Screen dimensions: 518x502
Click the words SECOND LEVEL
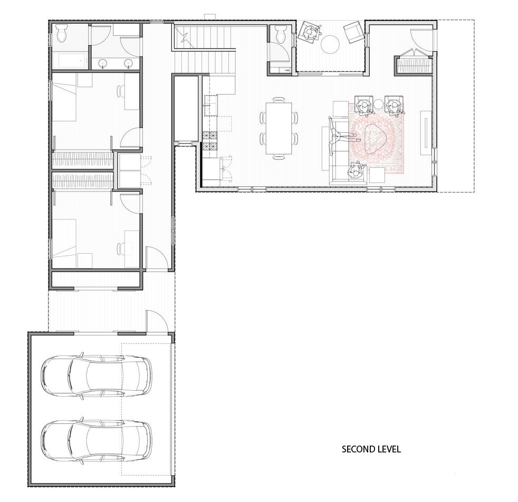tap(371, 449)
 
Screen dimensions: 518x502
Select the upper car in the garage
tap(97, 376)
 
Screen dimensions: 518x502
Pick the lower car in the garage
tap(97, 441)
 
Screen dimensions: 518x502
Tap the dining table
tap(279, 128)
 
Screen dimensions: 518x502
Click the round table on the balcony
tap(330, 44)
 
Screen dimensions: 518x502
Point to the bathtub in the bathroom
tap(70, 61)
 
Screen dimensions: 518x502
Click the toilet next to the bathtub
tap(62, 33)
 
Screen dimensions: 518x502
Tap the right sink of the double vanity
tap(129, 63)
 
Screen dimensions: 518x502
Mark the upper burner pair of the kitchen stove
tap(210, 136)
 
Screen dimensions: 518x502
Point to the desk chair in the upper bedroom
tap(121, 91)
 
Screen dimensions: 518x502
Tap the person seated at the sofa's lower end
tap(356, 171)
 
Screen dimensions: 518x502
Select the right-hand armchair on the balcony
tap(353, 32)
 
